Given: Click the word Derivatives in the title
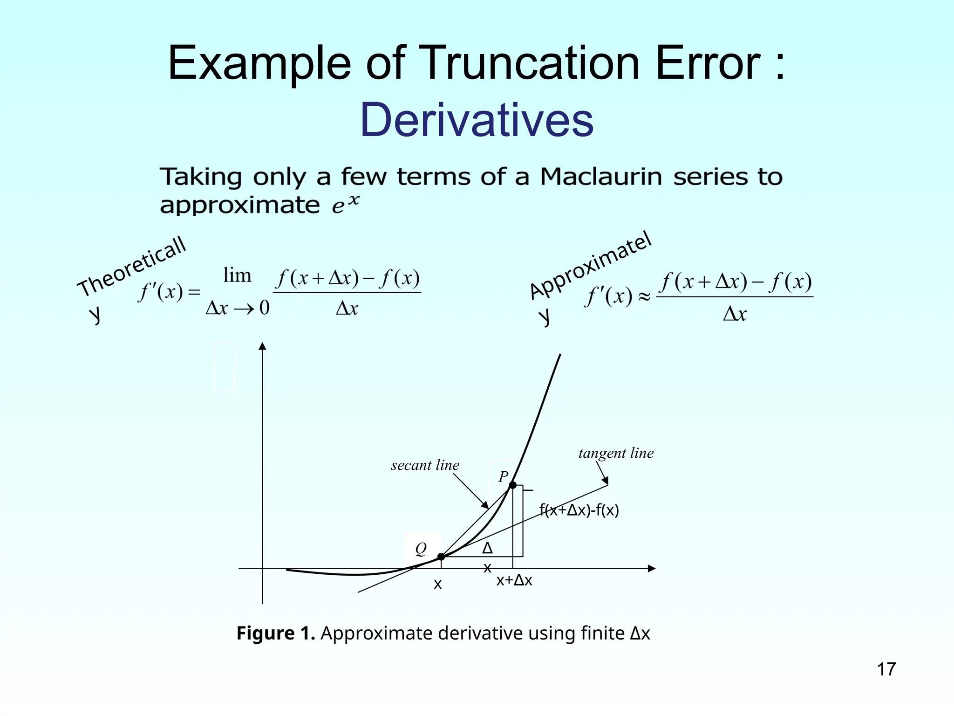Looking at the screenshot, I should (x=477, y=120).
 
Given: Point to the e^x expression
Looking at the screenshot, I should (x=346, y=205).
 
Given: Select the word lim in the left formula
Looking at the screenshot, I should (x=237, y=275).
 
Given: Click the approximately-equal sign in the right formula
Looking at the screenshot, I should (x=644, y=296).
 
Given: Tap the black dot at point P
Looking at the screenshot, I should (x=512, y=485).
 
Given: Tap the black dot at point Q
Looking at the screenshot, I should (x=441, y=557).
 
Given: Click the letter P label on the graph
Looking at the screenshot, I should (x=503, y=476).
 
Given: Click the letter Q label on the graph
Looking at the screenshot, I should (x=421, y=549).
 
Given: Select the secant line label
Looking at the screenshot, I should (x=425, y=465).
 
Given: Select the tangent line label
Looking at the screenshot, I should (x=616, y=453).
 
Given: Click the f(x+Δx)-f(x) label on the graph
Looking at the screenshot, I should (x=579, y=510).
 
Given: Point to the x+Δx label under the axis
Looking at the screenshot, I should (x=514, y=580).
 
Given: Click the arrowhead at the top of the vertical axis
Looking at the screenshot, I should (x=263, y=346).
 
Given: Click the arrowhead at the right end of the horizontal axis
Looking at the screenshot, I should (x=652, y=569).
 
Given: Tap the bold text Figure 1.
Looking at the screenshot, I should (x=276, y=633).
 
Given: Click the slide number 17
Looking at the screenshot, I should (x=886, y=669).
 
